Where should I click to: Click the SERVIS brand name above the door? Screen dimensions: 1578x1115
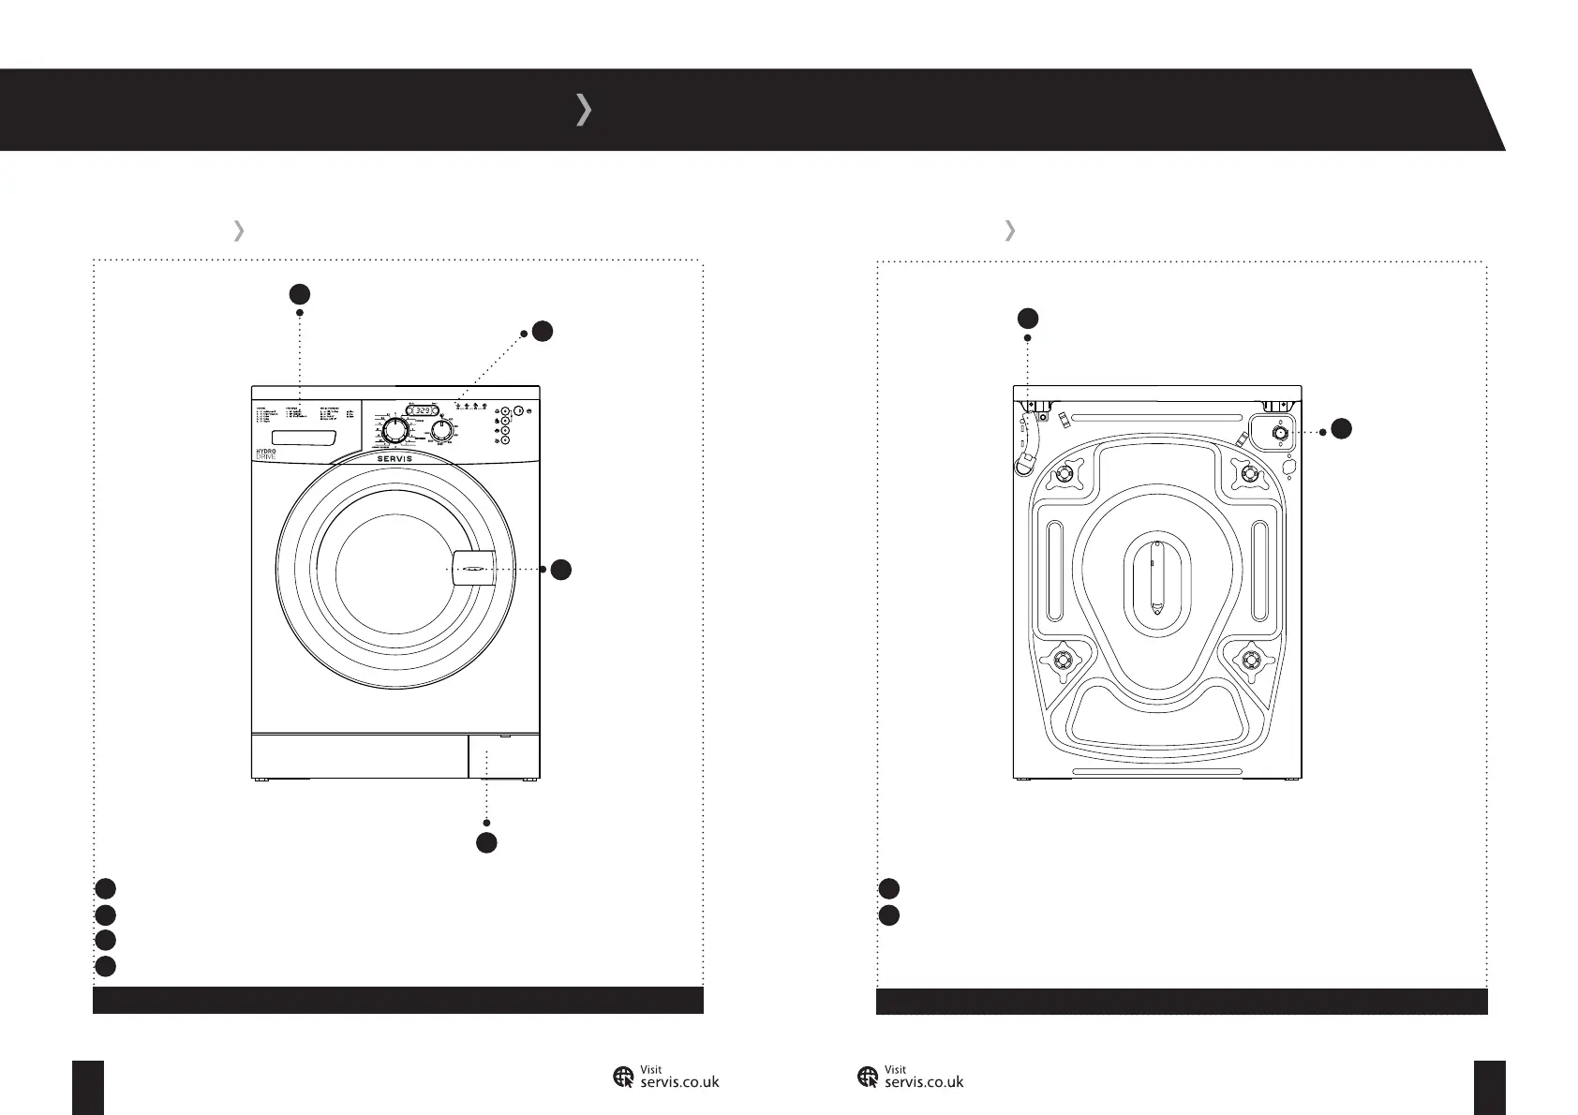coord(395,458)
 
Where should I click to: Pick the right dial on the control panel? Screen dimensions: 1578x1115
coord(442,430)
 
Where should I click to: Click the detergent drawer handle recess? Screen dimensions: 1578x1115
coord(303,439)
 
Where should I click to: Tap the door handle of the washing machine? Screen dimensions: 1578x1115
coord(472,569)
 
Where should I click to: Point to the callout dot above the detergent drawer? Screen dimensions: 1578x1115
coord(299,293)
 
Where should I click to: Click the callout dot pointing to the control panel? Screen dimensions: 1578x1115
coord(541,331)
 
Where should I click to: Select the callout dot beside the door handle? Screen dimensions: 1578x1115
coord(560,570)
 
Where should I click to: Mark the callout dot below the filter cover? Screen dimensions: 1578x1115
coord(485,841)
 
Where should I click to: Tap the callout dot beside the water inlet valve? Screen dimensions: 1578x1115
coord(1341,429)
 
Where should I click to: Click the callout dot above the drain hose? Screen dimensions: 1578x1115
coord(1028,318)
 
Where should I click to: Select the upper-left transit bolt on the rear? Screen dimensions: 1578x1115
coord(1063,475)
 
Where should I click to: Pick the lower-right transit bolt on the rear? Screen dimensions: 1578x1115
coord(1249,662)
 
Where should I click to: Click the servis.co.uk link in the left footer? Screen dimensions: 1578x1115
coord(678,1080)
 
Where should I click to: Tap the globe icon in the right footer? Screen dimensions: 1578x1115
coord(868,1078)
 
